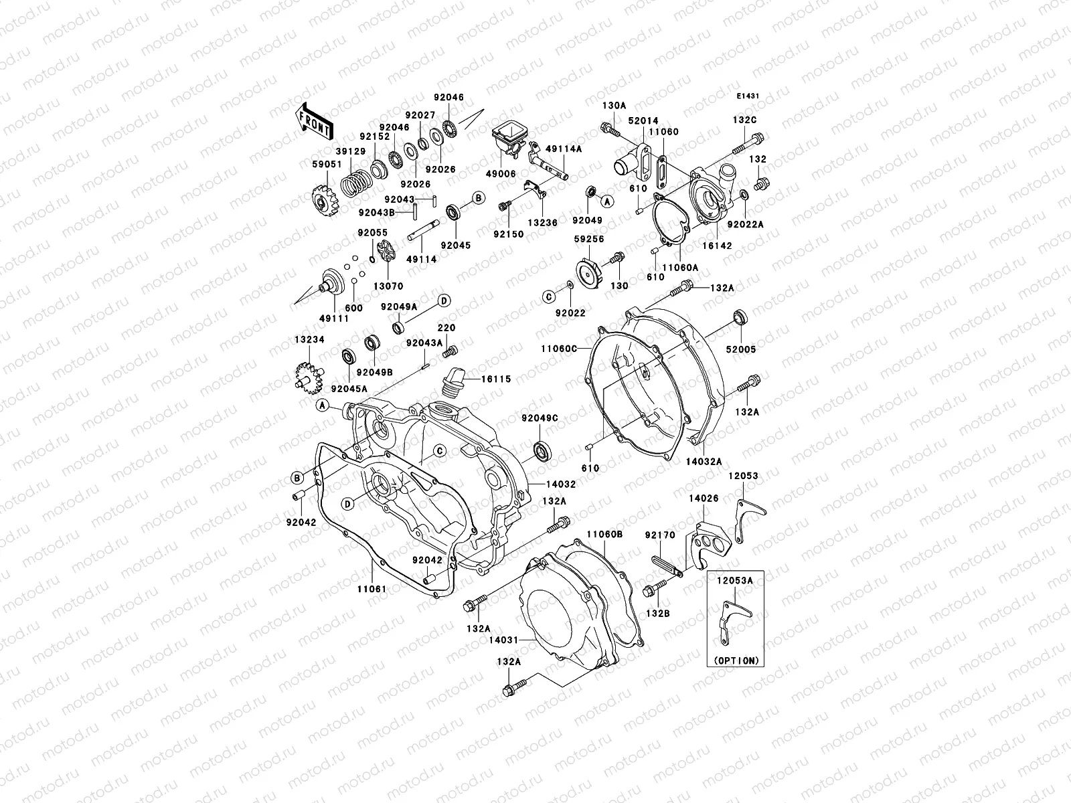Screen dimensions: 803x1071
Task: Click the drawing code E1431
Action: tap(748, 96)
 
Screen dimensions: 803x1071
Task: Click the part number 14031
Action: tap(503, 640)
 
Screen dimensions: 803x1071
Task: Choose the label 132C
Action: tap(744, 120)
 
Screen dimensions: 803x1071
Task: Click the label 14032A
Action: tap(704, 462)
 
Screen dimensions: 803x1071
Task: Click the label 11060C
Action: tap(559, 349)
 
